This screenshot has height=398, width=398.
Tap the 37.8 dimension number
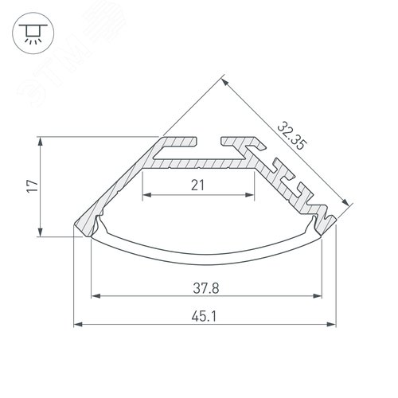coord(212,287)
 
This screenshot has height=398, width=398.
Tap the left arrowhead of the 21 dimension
coord(146,196)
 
